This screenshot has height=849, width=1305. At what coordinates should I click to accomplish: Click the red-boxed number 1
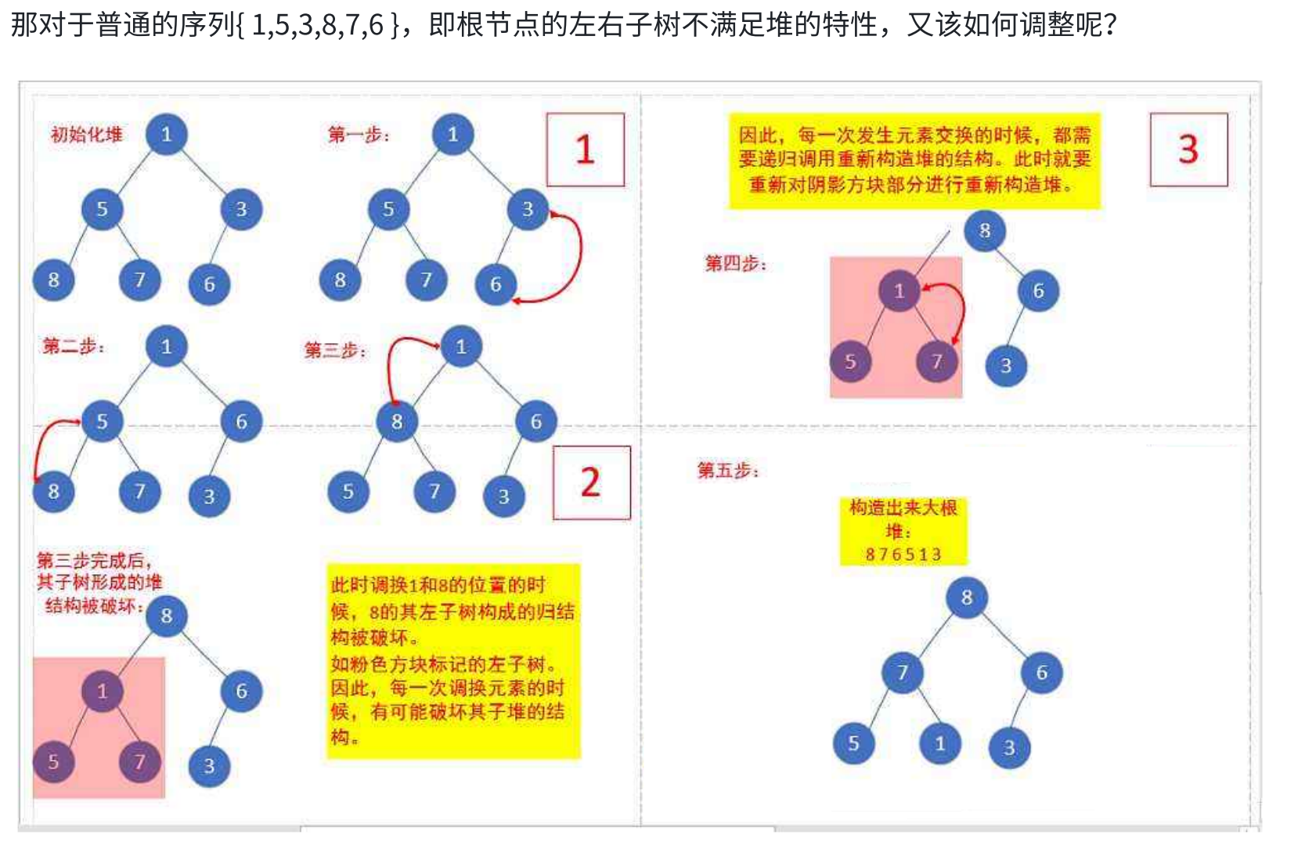pos(585,150)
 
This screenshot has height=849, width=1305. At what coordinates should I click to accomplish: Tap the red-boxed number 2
pos(591,482)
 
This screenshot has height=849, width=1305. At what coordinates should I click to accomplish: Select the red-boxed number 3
pos(1188,149)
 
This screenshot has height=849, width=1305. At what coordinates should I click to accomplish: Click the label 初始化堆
pos(87,135)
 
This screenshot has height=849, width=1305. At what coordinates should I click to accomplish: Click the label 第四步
pos(735,263)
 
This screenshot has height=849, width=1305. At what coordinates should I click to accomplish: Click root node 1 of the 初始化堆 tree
pos(166,134)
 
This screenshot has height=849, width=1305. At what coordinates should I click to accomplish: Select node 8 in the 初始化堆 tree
pos(53,280)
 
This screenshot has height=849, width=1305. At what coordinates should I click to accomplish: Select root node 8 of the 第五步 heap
pos(967,598)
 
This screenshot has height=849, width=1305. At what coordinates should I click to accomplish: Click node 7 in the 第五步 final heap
pos(902,672)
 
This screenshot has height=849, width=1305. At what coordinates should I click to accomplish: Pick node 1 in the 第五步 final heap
pos(939,743)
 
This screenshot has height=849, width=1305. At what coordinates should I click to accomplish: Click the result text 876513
pos(903,555)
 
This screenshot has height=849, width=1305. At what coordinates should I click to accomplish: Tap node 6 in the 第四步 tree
pos(1038,291)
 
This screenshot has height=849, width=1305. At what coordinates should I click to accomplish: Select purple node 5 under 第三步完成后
pos(53,761)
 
